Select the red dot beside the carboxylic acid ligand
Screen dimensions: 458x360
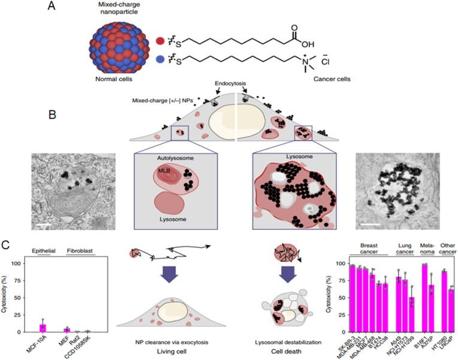pyautogui.click(x=160, y=41)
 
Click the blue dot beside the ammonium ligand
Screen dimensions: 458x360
pyautogui.click(x=160, y=59)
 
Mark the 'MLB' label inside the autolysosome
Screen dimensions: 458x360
pyautogui.click(x=164, y=170)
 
